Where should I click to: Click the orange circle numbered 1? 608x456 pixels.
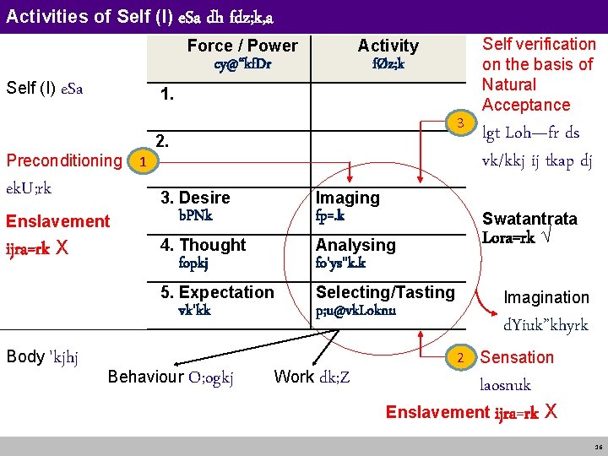point(144,160)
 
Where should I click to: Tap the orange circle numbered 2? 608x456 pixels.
point(461,356)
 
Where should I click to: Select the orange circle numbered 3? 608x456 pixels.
point(460,125)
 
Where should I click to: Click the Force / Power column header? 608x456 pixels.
point(242,46)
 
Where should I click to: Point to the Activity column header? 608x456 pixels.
point(388,46)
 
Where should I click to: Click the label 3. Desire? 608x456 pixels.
point(195,198)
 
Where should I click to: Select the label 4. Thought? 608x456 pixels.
point(203,245)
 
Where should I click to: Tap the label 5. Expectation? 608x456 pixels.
point(217,292)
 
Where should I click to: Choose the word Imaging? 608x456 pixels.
point(347,198)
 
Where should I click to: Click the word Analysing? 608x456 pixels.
point(355,245)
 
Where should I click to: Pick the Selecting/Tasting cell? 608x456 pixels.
point(385,292)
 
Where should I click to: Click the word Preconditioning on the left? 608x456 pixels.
point(64,160)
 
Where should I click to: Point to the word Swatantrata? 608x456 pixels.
point(529,219)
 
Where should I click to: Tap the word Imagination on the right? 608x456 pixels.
point(546,297)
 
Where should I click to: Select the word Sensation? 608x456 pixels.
point(517,357)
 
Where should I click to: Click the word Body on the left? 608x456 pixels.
point(24,356)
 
